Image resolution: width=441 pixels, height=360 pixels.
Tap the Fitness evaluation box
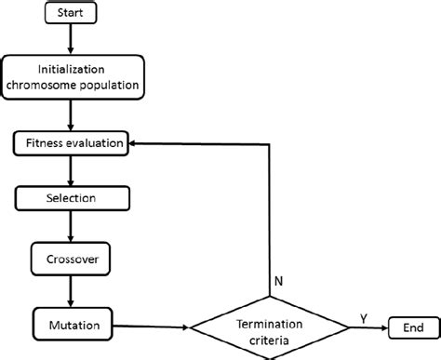(71, 144)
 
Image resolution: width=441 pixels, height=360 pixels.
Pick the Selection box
(71, 198)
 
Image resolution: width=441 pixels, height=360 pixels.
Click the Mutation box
(71, 326)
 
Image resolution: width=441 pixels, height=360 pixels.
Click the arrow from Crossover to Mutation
(71, 290)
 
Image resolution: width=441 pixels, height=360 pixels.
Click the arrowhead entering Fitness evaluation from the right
(135, 144)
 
